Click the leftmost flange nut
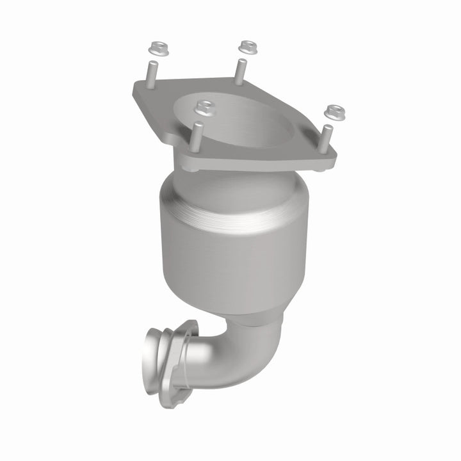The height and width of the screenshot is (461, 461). [155, 48]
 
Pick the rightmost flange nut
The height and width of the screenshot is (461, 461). [332, 113]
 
